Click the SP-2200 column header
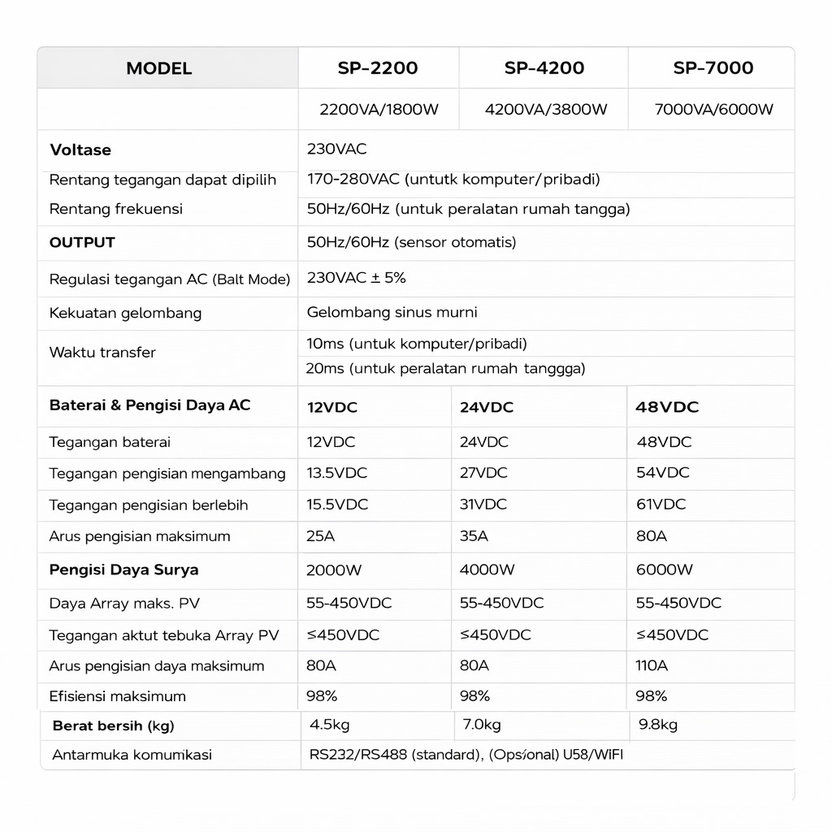pos(378,68)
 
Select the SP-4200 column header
pos(544,68)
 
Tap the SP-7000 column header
pos(713,68)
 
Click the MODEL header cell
pos(159,68)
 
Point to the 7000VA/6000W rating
pos(713,110)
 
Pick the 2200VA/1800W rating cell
pos(379,110)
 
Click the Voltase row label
pos(80,150)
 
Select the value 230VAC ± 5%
pos(356,278)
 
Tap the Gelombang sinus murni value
pos(392,312)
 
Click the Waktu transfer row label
pos(102,353)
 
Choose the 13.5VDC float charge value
pos(336,473)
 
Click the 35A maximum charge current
pos(474,536)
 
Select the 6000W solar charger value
pos(664,570)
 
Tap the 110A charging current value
pos(651,665)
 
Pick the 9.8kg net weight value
pos(657,725)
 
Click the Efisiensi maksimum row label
pos(117,696)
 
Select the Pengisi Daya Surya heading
pos(123,570)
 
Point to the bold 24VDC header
pos(486,407)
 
